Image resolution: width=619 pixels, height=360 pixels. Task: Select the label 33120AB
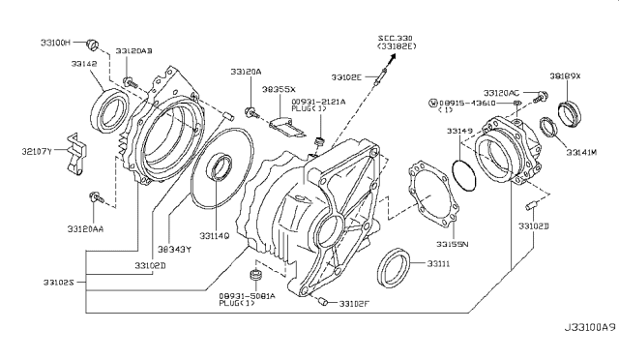134,50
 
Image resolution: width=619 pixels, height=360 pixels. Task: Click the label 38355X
277,88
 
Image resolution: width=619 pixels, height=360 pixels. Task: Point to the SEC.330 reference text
395,36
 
